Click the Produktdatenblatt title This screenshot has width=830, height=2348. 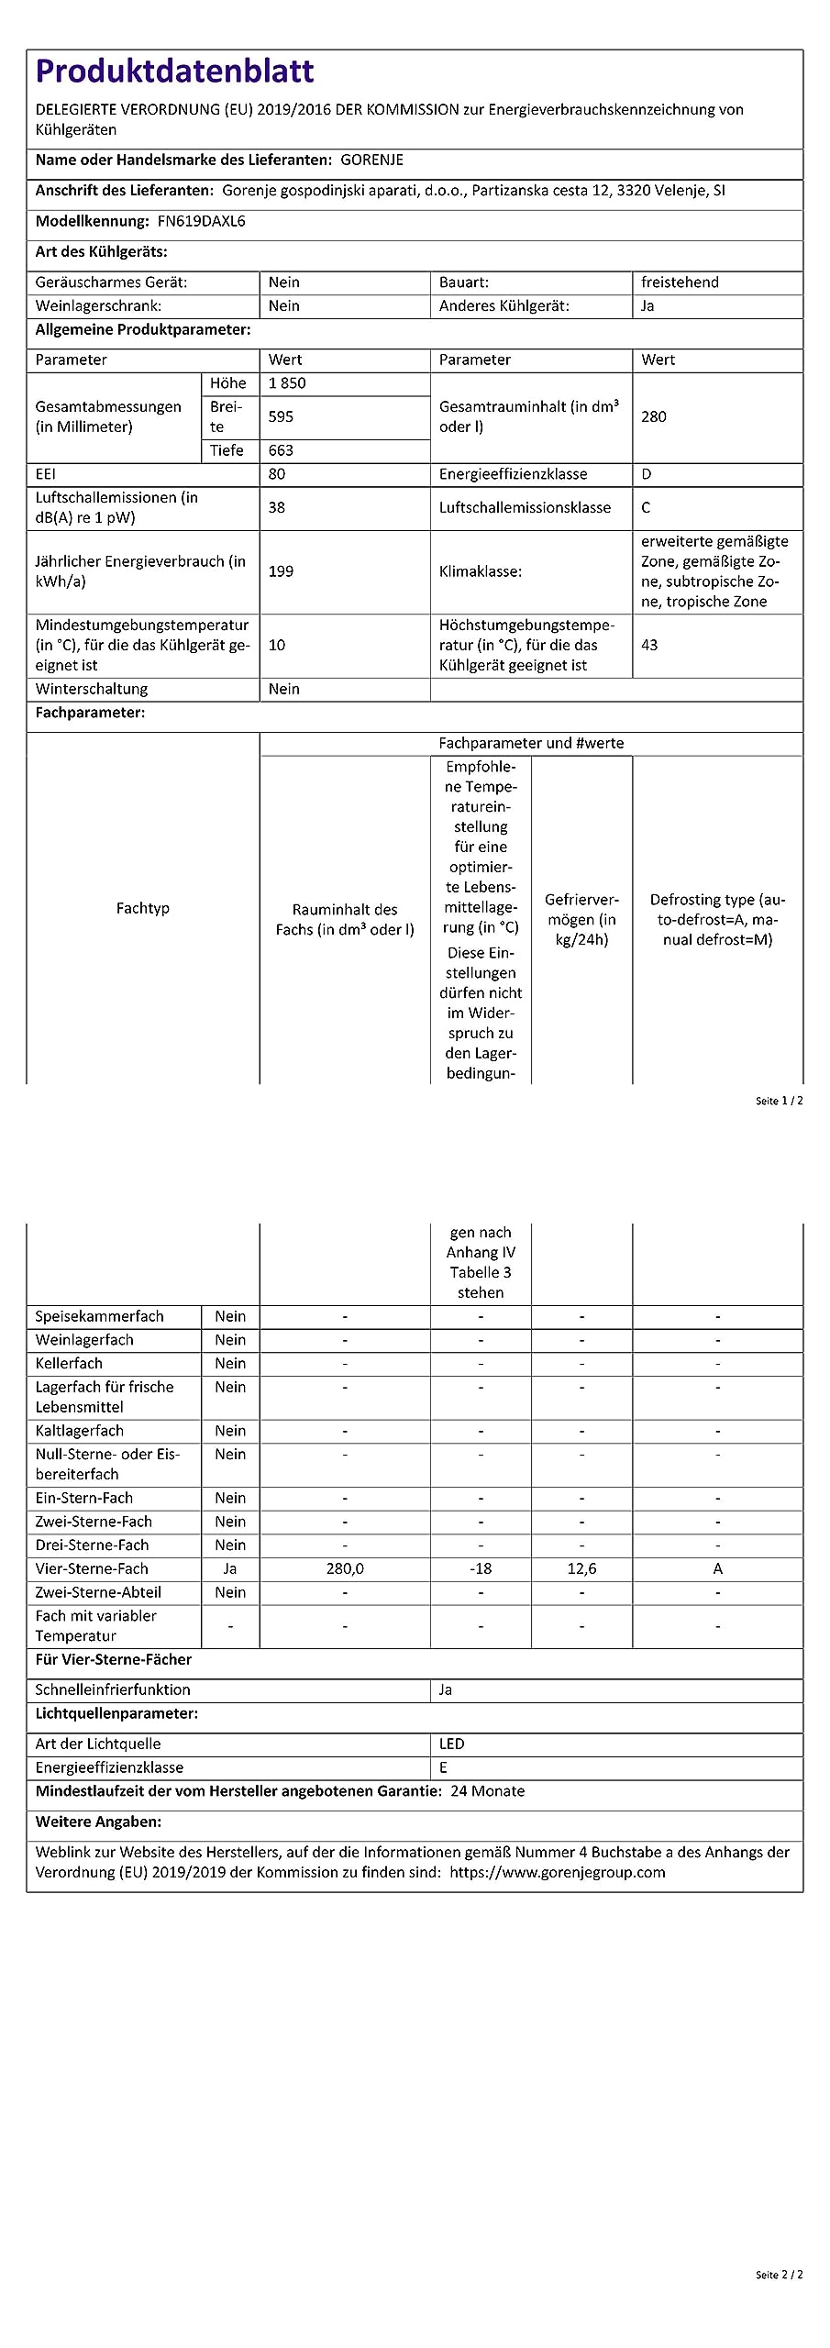174,71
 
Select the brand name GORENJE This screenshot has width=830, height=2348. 371,160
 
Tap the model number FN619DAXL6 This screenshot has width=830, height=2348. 201,221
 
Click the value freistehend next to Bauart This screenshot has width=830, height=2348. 680,282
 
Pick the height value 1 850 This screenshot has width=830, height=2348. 287,383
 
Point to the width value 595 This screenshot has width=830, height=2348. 281,416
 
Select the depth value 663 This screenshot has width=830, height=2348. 281,450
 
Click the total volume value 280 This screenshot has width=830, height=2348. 654,416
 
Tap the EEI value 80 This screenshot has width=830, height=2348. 277,474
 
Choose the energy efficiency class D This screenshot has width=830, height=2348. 647,474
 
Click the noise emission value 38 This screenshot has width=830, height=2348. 277,507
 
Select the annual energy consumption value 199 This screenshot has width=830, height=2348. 281,571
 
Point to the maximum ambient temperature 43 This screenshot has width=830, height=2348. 649,645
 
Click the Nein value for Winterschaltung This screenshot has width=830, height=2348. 284,689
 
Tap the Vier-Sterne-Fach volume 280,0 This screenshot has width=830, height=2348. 345,1568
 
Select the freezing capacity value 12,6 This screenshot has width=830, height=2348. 581,1568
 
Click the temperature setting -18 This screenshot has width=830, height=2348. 481,1568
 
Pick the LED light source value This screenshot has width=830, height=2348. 452,1744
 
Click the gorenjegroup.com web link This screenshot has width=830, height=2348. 558,1872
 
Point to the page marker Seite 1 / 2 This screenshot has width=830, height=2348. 779,1101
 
